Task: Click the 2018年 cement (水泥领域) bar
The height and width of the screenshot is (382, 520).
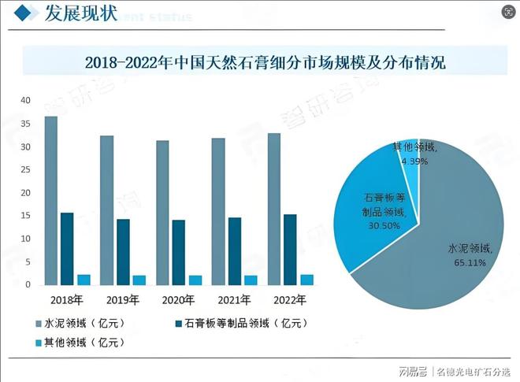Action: (50, 201)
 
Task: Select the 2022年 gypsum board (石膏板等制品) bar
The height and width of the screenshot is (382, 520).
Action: (290, 249)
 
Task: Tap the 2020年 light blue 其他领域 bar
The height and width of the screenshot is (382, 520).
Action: (195, 280)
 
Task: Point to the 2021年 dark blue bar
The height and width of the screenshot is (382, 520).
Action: (234, 250)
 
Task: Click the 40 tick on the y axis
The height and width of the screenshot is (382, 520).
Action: (25, 101)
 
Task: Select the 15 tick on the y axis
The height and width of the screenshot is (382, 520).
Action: (25, 216)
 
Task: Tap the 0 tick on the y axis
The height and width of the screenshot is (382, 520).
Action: (28, 284)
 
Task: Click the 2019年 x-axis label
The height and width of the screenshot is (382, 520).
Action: (122, 300)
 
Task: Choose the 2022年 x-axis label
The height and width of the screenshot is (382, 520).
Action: (289, 300)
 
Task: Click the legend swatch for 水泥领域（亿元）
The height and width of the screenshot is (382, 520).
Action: (38, 324)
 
